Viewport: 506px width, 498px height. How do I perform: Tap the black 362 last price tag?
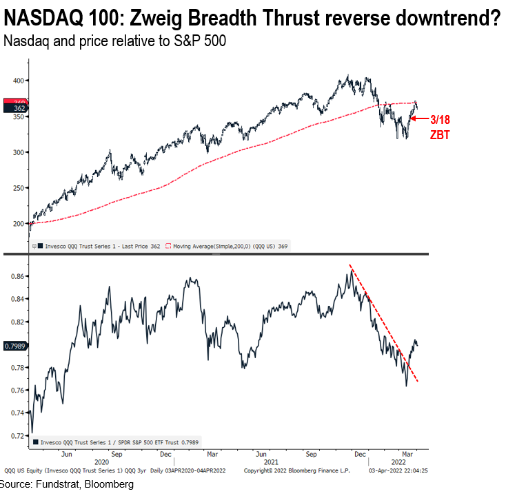(14, 108)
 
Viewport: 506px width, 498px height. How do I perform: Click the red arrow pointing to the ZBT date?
(419, 118)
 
